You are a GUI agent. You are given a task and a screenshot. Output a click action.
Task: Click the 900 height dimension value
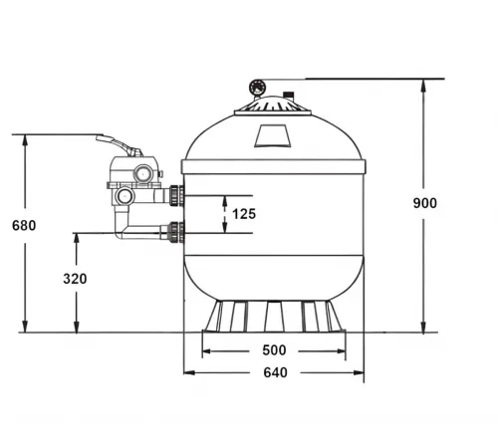pyautogui.click(x=425, y=203)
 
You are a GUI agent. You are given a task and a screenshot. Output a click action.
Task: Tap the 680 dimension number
pyautogui.click(x=24, y=226)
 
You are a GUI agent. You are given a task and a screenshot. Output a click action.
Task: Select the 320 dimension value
pyautogui.click(x=75, y=279)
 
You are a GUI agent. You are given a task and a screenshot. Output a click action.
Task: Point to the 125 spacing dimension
pyautogui.click(x=244, y=214)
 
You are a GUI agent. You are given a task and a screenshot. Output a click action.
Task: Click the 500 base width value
pyautogui.click(x=274, y=350)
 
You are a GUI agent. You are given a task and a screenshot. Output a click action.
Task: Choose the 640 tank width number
pyautogui.click(x=275, y=372)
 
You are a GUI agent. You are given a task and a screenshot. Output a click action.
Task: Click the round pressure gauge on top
pyautogui.click(x=257, y=88)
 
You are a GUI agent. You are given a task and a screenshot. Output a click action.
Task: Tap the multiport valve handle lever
pyautogui.click(x=119, y=145)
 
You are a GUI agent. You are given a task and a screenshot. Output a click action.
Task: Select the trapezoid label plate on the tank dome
pyautogui.click(x=273, y=135)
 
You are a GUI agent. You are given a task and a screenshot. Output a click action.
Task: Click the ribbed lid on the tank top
pyautogui.click(x=273, y=107)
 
